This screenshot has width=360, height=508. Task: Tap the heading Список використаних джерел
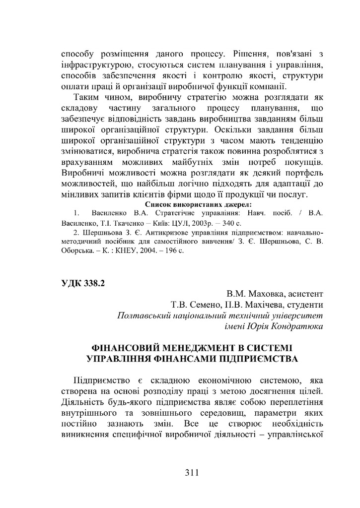191,204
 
